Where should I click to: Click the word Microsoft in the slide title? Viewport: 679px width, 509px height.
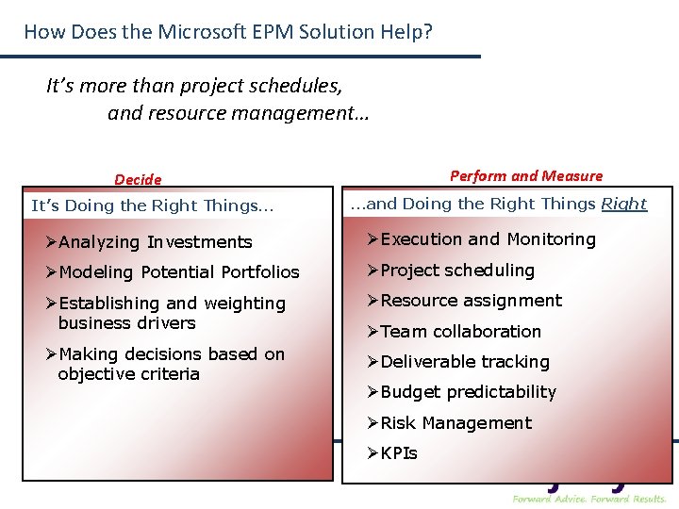(x=203, y=32)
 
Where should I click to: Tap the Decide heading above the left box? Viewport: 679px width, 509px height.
(x=138, y=179)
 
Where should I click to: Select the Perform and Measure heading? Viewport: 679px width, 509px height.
(x=526, y=175)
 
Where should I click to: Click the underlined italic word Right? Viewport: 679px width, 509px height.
(x=624, y=204)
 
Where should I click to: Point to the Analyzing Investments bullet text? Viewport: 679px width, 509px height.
(x=155, y=242)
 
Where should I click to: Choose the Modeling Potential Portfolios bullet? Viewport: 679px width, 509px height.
(x=178, y=272)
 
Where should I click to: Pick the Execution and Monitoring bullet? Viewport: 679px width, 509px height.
(x=488, y=239)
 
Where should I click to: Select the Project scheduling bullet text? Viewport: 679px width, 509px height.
(x=457, y=271)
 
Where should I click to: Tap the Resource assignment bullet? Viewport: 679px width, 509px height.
(x=471, y=301)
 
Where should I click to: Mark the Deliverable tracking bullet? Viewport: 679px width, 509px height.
(x=465, y=362)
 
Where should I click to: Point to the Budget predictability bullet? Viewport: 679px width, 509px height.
(x=468, y=392)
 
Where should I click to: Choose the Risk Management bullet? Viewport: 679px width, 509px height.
(x=455, y=423)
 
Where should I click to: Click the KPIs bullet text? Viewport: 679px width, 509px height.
(x=399, y=453)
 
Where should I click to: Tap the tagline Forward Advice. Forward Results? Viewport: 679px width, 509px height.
(x=589, y=498)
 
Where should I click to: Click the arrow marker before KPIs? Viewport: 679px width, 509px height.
(x=373, y=453)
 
